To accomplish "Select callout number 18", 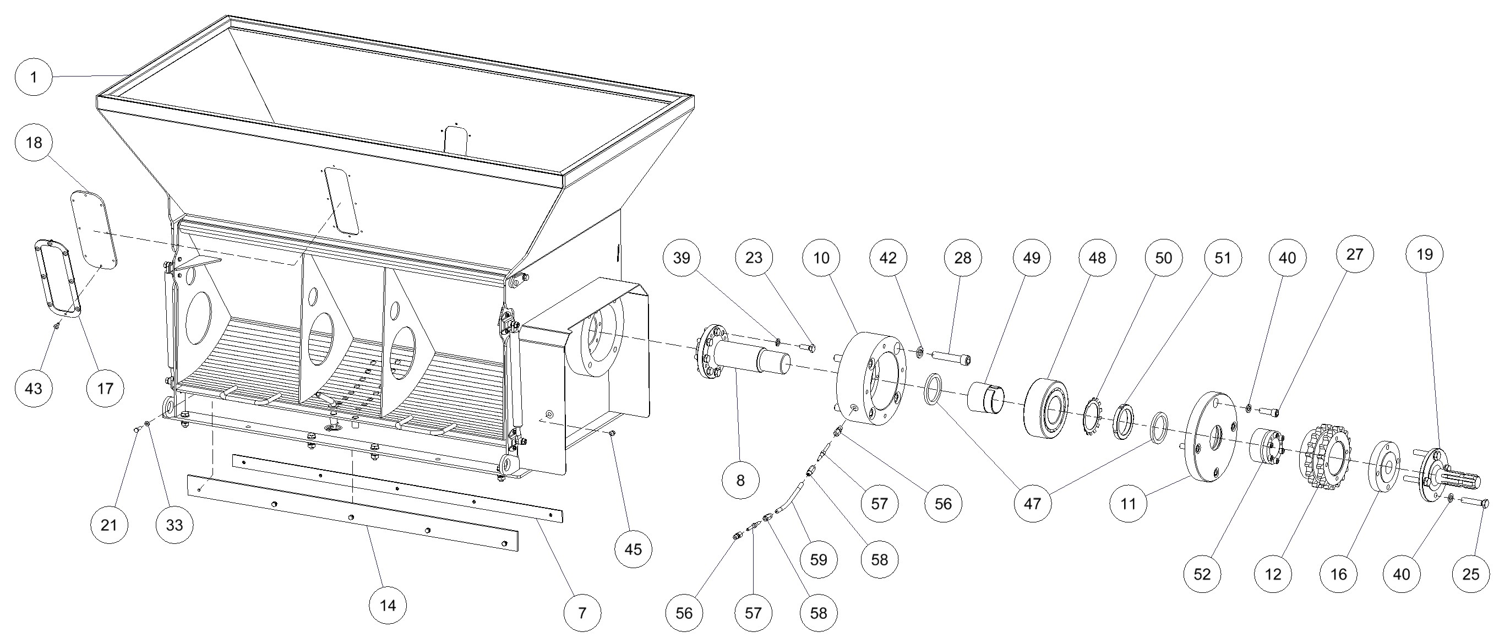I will tap(34, 142).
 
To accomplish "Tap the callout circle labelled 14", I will tap(388, 605).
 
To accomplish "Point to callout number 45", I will tap(633, 549).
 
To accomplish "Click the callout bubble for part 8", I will tap(740, 480).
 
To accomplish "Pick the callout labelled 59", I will tap(818, 559).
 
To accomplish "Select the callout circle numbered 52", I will tap(1202, 574).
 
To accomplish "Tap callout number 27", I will tap(1355, 254).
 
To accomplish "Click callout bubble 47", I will tap(1032, 503).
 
